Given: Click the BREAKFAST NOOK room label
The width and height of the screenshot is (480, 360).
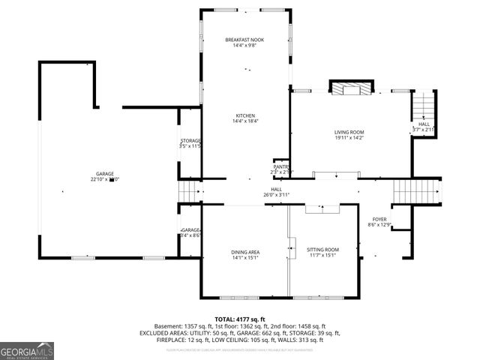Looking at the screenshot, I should pyautogui.click(x=244, y=40).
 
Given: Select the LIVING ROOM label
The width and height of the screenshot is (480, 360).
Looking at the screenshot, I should pyautogui.click(x=349, y=132).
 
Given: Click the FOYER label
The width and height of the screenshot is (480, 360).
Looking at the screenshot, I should pyautogui.click(x=380, y=220).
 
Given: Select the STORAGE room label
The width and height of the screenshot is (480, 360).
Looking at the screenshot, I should pyautogui.click(x=190, y=141).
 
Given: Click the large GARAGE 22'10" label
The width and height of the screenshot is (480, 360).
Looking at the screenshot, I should pyautogui.click(x=104, y=173).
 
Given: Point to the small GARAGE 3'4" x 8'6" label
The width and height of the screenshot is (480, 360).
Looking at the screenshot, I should pyautogui.click(x=190, y=230).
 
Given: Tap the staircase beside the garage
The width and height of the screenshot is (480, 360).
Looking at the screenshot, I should pyautogui.click(x=190, y=193).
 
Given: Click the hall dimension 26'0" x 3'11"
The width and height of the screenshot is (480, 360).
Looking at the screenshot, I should pyautogui.click(x=276, y=195).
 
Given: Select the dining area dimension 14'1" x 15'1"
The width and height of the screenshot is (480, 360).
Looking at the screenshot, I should pyautogui.click(x=244, y=257).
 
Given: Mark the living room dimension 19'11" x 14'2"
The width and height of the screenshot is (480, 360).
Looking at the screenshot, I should pyautogui.click(x=349, y=138).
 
